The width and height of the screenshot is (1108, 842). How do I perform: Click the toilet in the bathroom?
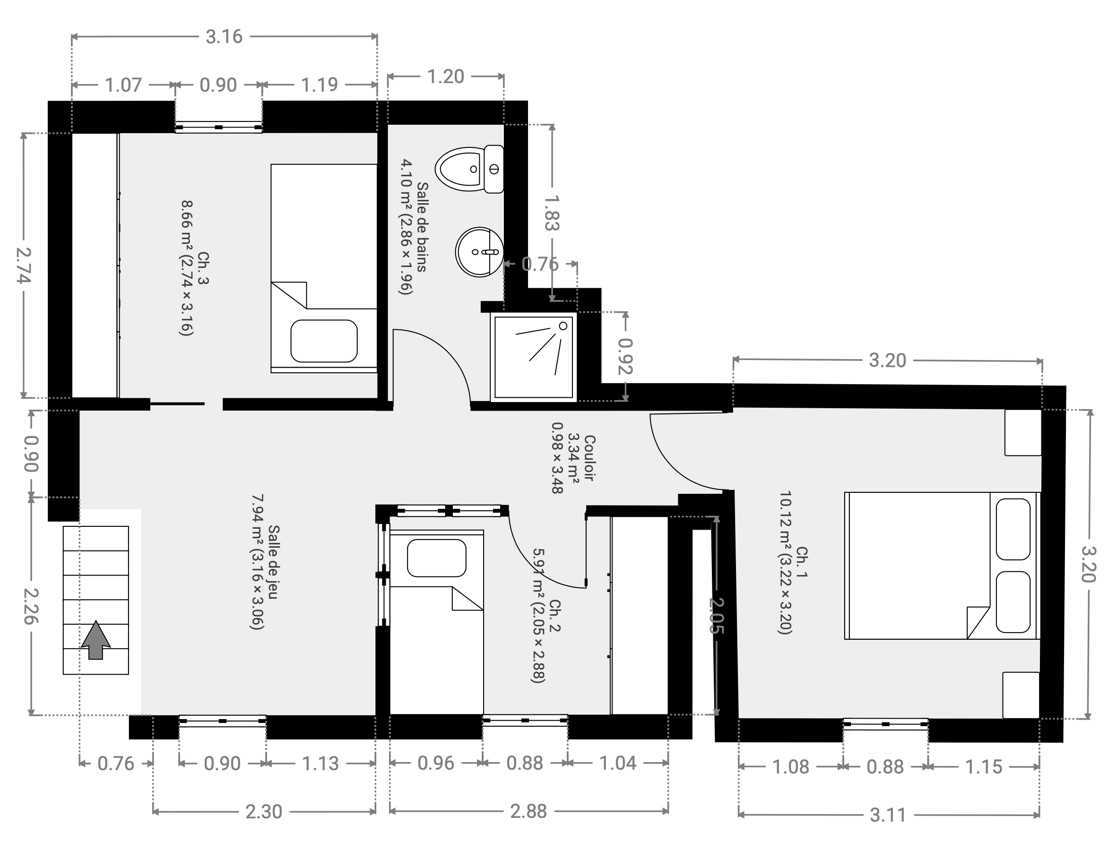pos(469,170)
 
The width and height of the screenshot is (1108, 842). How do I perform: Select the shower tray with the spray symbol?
pos(534,357)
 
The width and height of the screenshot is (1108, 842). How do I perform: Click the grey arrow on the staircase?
pos(96,640)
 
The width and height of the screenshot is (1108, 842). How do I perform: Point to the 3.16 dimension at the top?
pos(224,36)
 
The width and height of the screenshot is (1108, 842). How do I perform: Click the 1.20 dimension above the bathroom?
pos(445,77)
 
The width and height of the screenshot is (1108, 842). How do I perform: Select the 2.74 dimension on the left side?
pos(23,265)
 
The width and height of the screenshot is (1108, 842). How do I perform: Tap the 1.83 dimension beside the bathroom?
pos(552,213)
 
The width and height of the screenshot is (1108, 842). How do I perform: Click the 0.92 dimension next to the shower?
pos(625,356)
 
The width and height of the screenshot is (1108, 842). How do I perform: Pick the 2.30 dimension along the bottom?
pos(264,812)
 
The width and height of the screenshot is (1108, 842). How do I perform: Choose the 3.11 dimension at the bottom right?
pos(888,816)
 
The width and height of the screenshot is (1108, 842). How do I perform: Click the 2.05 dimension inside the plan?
pos(717,616)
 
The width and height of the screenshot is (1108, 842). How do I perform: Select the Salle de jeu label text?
pos(274,562)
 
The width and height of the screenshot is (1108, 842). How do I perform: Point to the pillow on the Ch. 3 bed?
pos(324,341)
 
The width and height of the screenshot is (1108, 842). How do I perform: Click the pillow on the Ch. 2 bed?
pos(437,558)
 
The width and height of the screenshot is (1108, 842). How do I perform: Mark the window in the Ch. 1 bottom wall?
pos(885,724)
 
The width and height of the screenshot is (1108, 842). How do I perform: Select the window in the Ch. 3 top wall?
pos(218,127)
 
